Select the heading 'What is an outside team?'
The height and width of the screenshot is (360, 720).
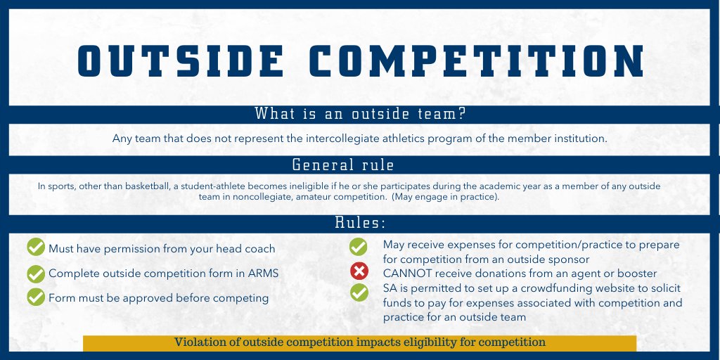[359, 114]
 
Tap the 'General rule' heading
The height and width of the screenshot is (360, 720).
[342, 165]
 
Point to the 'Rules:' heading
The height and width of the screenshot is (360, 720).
[359, 223]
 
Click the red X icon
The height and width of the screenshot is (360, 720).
[359, 271]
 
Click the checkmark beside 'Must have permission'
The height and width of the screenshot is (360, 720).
[36, 247]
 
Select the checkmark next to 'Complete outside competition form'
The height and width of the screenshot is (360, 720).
[36, 274]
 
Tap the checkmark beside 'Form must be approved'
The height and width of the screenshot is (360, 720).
[36, 297]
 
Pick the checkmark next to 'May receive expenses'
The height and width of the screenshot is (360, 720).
[359, 247]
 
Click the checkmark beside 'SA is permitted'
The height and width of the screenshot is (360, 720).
[359, 291]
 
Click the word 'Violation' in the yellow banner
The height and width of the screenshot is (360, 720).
[200, 342]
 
